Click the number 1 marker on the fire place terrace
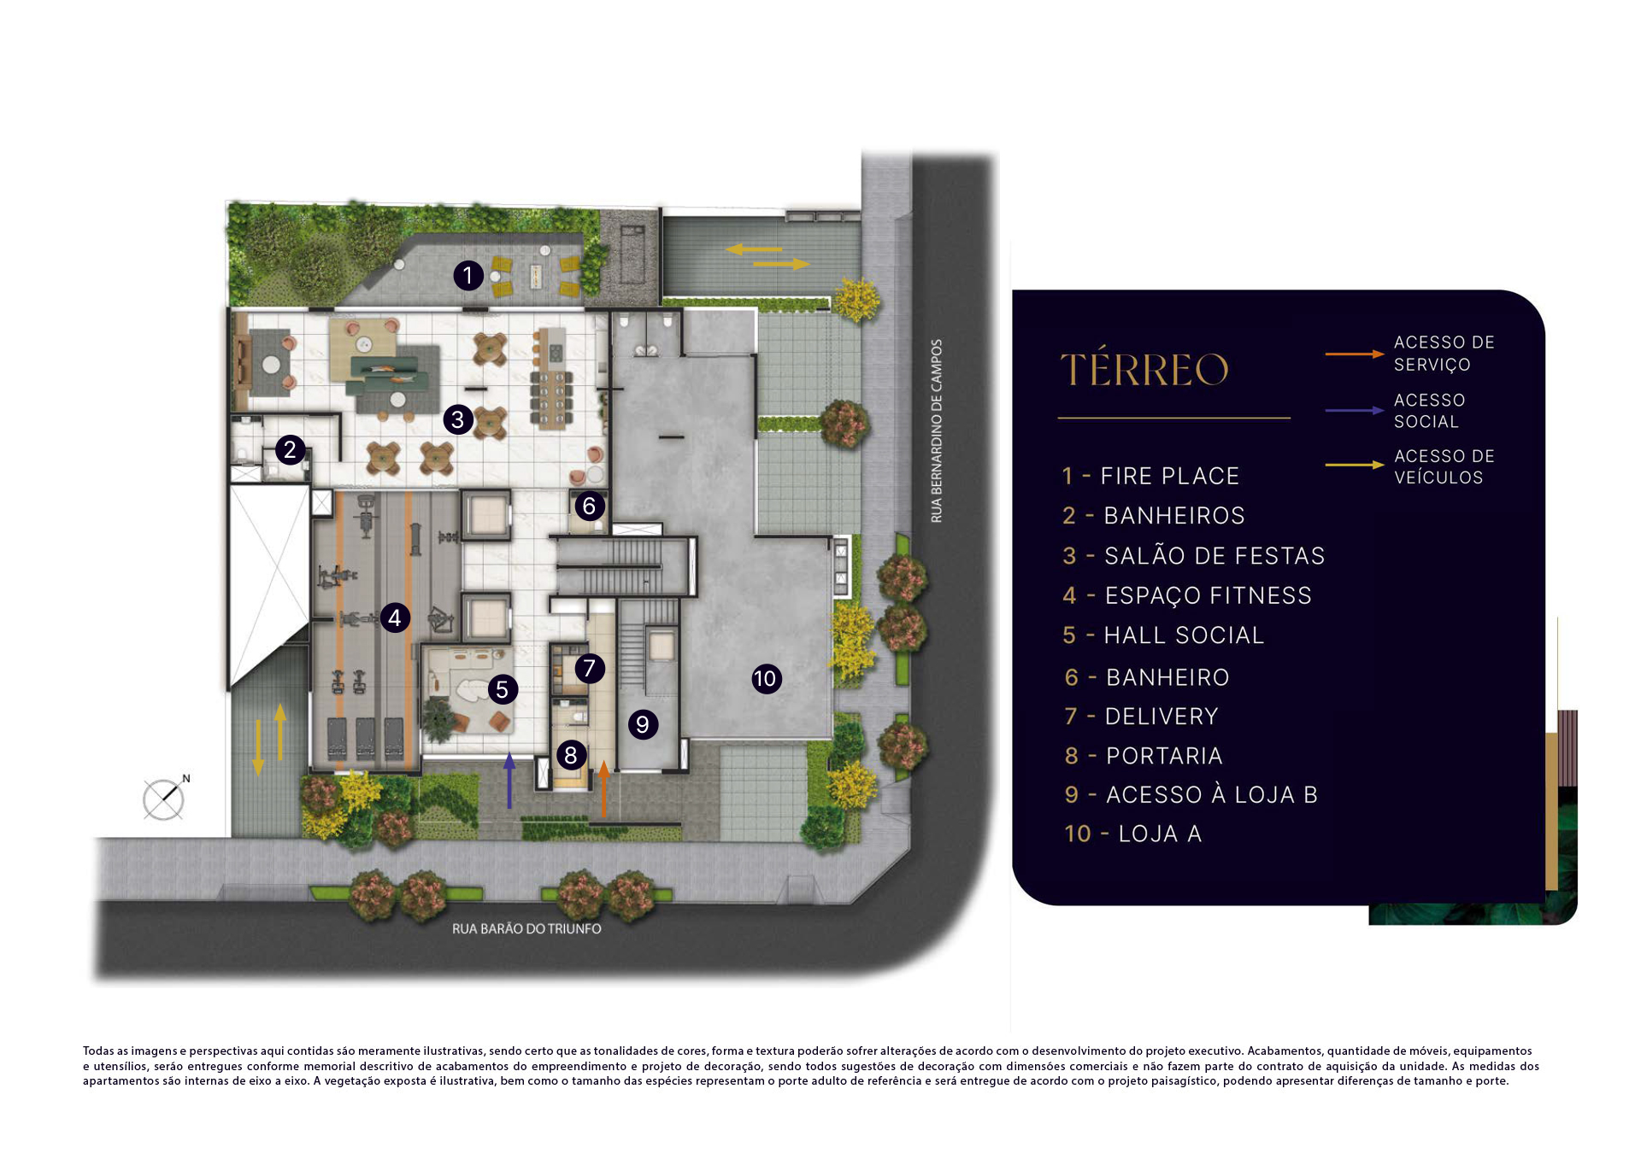(468, 276)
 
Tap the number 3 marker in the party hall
(458, 419)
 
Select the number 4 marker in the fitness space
(395, 618)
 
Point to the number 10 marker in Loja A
(766, 679)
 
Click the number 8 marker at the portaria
(571, 755)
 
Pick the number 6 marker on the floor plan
(589, 506)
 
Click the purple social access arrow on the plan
(509, 780)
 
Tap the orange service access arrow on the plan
(603, 789)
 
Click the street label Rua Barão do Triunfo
(526, 929)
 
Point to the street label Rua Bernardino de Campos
(937, 431)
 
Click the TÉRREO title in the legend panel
(1144, 368)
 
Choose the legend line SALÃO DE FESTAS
(1193, 556)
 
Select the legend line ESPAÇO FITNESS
(1187, 595)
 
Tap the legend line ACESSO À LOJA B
(1191, 795)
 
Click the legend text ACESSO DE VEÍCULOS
(1444, 467)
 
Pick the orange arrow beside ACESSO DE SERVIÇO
(1355, 354)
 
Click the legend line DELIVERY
(1141, 717)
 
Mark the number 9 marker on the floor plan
(643, 724)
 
